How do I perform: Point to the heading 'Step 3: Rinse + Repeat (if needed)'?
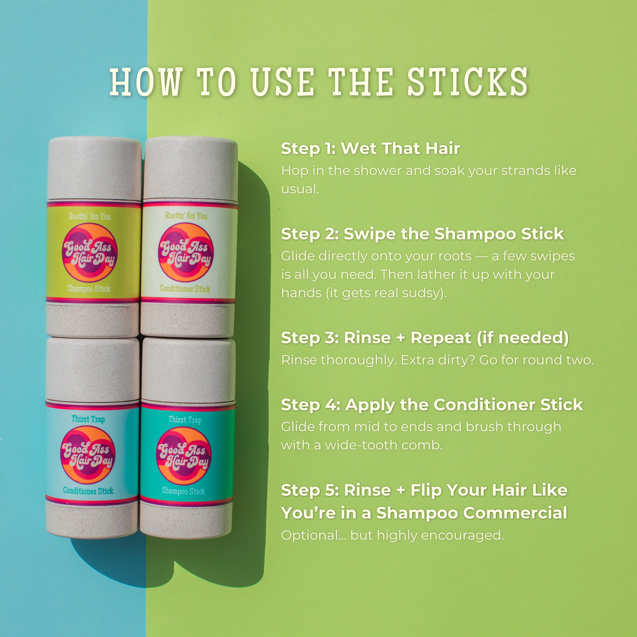425,338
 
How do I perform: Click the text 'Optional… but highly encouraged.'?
392,535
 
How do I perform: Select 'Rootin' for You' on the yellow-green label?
90,216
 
